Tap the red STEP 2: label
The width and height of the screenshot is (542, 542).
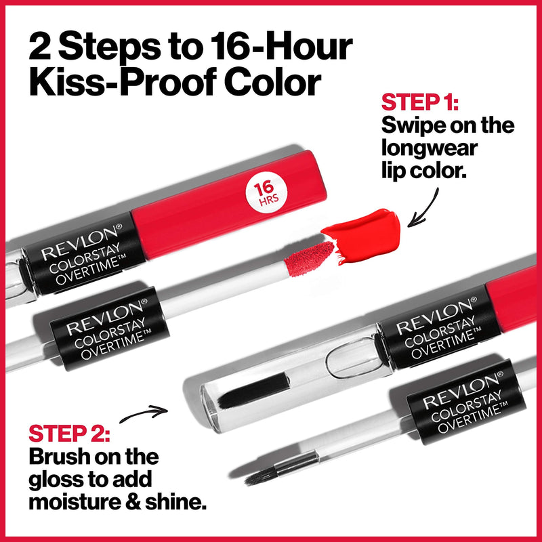72,434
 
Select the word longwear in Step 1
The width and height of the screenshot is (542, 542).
429,148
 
